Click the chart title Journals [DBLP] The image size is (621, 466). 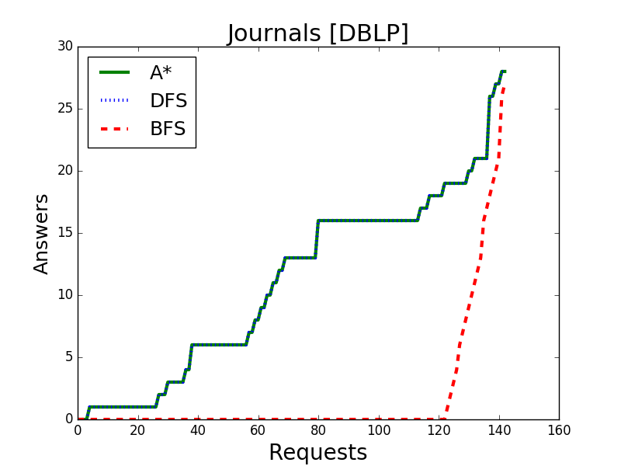click(x=317, y=33)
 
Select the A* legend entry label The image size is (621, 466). click(x=161, y=72)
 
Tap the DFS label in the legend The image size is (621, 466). click(x=168, y=101)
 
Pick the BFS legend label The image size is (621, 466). click(x=168, y=129)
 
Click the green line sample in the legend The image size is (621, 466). click(x=114, y=72)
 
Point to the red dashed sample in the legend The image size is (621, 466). click(x=114, y=129)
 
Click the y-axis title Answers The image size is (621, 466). click(x=41, y=234)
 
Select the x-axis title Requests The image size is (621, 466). click(x=318, y=453)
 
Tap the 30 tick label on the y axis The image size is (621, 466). click(x=65, y=47)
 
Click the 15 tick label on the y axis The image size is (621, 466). click(x=65, y=233)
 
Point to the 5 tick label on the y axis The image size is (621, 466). click(x=70, y=357)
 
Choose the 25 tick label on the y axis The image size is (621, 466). click(x=65, y=109)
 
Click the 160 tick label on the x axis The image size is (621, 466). click(x=559, y=430)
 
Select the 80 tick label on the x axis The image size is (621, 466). click(x=318, y=430)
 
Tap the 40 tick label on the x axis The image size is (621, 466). click(x=198, y=430)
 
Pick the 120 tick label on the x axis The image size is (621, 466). click(x=439, y=430)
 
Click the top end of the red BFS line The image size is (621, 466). click(x=503, y=87)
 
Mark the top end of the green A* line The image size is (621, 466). click(x=505, y=71)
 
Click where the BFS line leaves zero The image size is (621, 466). click(x=445, y=419)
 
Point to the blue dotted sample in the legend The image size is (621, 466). click(x=114, y=101)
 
